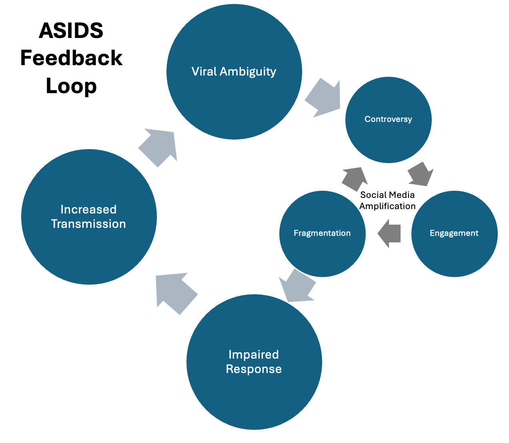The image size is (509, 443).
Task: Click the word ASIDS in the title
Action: click(71, 31)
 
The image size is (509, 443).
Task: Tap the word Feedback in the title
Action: click(71, 58)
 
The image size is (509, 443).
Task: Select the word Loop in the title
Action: click(71, 86)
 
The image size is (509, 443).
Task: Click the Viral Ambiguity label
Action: click(234, 72)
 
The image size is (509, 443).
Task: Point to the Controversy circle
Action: click(388, 119)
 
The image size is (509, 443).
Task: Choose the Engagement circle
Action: click(454, 233)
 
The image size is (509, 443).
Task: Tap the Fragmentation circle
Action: click(322, 233)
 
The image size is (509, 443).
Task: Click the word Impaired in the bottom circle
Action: click(254, 355)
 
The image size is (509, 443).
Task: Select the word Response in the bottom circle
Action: click(254, 369)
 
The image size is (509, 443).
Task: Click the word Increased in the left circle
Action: click(88, 210)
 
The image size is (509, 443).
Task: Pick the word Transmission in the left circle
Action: click(88, 224)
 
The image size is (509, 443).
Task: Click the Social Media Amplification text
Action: click(387, 200)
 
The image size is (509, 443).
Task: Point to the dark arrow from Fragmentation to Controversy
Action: click(355, 178)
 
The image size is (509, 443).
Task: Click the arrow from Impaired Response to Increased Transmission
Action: click(175, 292)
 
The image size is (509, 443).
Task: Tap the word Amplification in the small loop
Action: click(387, 206)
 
